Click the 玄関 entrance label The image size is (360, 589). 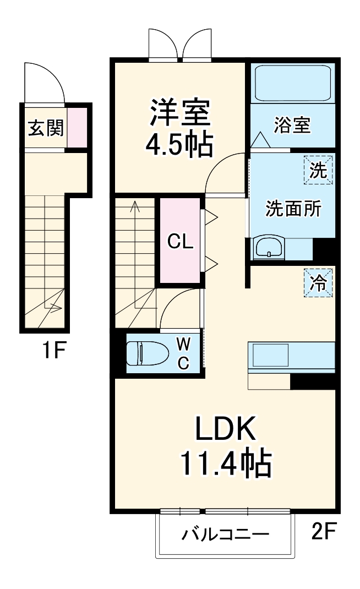click(46, 128)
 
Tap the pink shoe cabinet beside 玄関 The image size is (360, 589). click(77, 128)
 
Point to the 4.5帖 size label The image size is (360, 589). click(179, 145)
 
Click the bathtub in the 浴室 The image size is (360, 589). click(293, 83)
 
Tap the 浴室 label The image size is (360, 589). click(293, 126)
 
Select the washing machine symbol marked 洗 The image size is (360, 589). click(318, 171)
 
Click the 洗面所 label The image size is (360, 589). click(293, 209)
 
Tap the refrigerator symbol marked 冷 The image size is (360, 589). click(318, 283)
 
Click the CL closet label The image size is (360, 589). click(181, 242)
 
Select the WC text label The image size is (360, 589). click(183, 353)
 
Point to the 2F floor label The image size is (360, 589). click(324, 532)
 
